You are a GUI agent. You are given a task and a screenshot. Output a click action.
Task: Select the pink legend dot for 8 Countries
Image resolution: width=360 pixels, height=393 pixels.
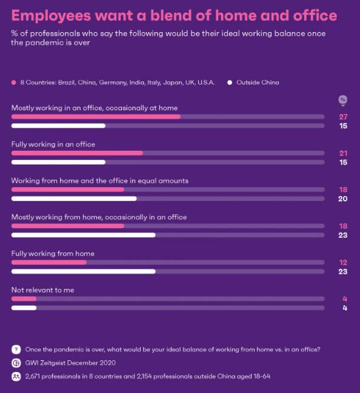pos(14,82)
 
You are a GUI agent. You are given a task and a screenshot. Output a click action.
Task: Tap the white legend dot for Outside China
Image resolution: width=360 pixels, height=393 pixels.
pos(230,82)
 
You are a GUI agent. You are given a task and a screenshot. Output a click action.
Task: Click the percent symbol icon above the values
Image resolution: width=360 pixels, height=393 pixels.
pos(343,100)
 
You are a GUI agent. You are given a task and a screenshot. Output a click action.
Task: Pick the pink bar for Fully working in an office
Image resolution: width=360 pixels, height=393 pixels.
pos(77,153)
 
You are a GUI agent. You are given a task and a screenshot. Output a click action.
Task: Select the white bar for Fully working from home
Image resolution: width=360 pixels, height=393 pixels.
pos(83,271)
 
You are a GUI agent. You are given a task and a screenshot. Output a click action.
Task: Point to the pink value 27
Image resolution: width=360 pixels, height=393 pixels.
pos(343,117)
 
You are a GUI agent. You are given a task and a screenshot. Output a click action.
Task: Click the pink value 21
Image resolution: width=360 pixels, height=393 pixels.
pos(343,153)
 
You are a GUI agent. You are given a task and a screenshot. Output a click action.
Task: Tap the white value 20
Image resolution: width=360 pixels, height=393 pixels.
pos(343,199)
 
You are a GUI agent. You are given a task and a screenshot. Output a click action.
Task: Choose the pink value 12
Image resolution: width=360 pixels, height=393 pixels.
pos(343,262)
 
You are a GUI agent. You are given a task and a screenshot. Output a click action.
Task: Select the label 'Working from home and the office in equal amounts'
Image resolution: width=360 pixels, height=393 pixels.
pos(100,180)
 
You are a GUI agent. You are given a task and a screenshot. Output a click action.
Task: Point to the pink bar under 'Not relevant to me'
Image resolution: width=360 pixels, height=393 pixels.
pos(24,299)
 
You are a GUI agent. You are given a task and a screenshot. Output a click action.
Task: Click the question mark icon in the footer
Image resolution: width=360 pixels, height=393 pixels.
pos(16,349)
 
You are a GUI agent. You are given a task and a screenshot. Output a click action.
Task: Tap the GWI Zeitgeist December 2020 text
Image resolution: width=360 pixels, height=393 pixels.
pos(70,363)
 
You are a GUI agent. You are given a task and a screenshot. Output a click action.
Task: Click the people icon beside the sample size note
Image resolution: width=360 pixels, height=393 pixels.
pos(16,376)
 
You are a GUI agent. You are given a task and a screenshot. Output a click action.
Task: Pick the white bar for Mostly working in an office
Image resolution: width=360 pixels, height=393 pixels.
pos(58,126)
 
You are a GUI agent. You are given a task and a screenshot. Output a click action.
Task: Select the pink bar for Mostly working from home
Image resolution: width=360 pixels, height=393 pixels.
pos(67,226)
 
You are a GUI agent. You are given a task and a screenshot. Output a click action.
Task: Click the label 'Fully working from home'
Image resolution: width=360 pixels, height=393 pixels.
pos(53,253)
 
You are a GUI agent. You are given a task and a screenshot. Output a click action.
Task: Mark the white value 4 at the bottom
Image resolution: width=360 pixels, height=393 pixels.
pos(344,308)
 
